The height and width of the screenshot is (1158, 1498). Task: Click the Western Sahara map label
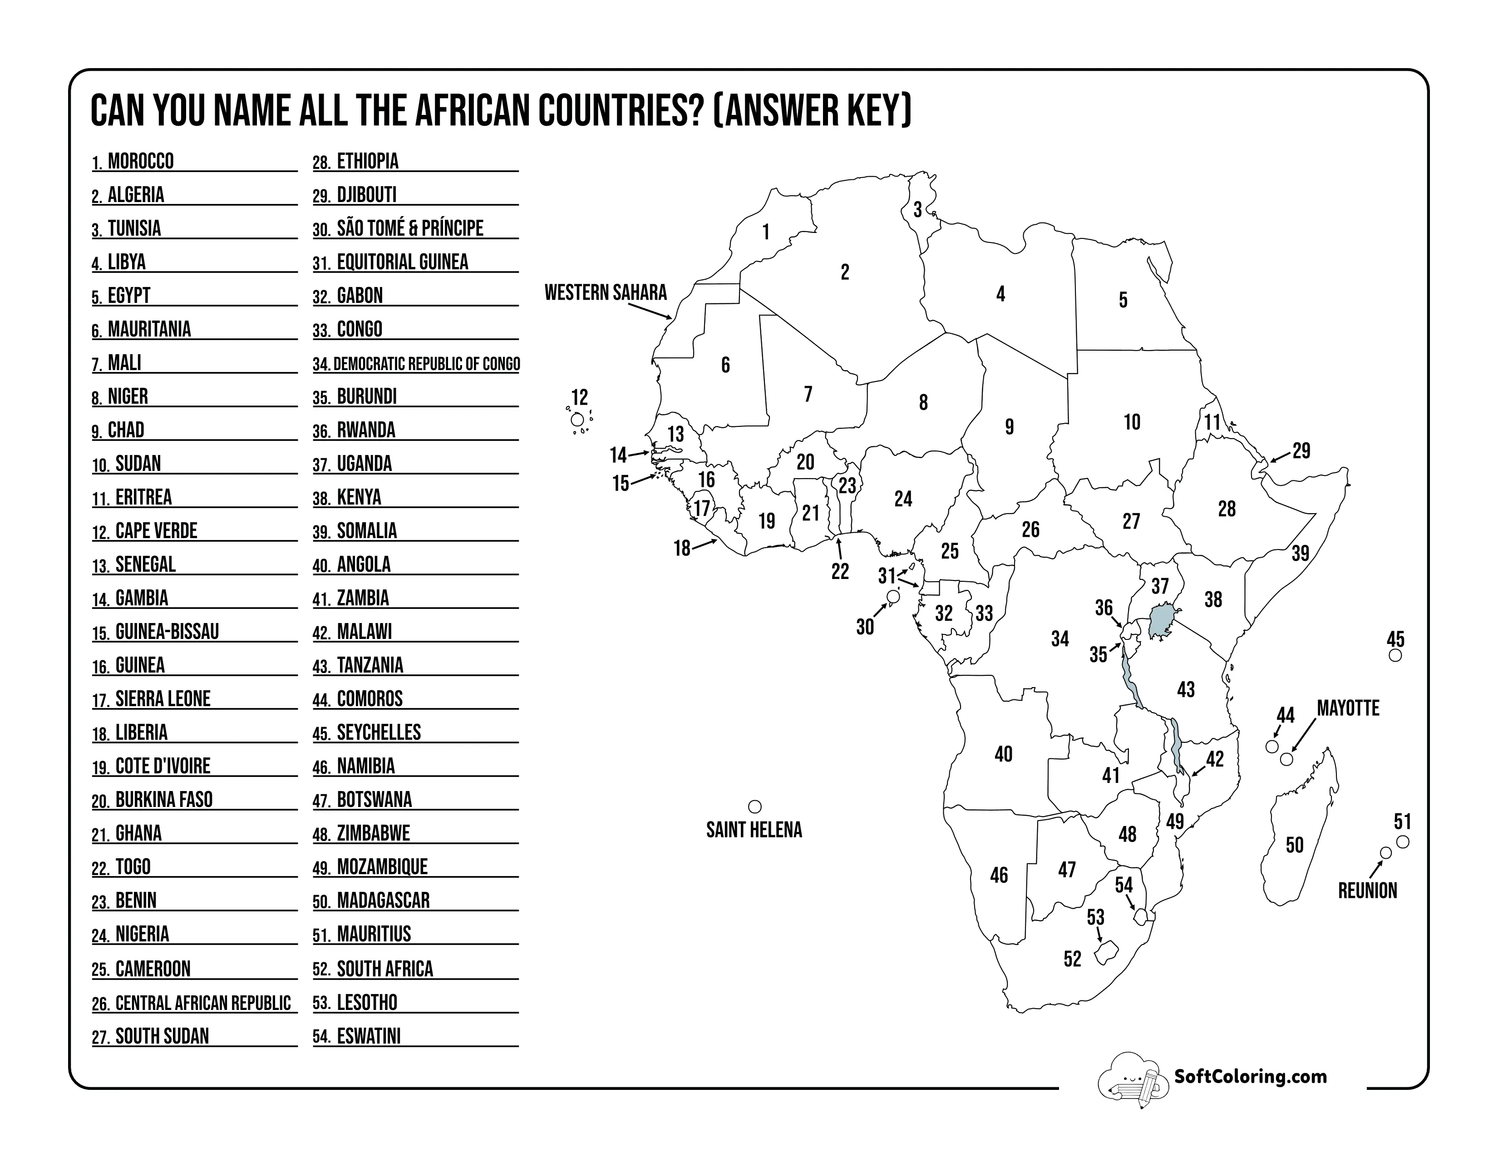605,293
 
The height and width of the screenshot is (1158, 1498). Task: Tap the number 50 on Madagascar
1294,845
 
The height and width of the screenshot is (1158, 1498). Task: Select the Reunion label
1367,891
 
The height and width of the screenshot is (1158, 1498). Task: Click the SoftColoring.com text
1250,1076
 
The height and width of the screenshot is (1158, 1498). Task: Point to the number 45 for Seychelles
1395,639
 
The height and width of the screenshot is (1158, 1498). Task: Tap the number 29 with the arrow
1301,451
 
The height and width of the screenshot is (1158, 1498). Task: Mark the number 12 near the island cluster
580,397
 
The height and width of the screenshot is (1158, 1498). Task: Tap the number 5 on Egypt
1123,300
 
